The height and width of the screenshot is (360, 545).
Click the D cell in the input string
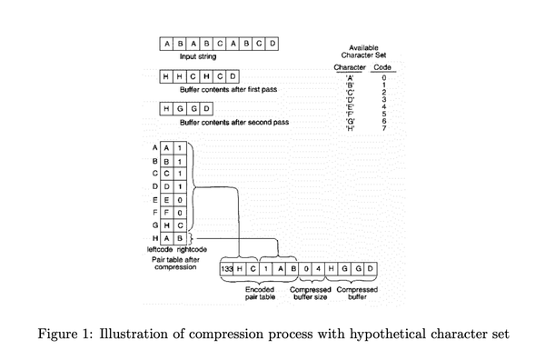[273, 43]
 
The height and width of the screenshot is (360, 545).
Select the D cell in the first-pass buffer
[233, 76]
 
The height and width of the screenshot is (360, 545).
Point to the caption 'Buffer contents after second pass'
[234, 122]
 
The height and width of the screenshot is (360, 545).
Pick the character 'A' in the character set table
[350, 79]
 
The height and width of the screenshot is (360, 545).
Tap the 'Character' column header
[350, 68]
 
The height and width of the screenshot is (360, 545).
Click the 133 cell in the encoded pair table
[227, 269]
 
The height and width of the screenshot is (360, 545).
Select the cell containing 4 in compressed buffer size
[320, 269]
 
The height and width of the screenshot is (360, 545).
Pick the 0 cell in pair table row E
[181, 199]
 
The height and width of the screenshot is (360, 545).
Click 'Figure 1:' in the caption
[65, 333]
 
